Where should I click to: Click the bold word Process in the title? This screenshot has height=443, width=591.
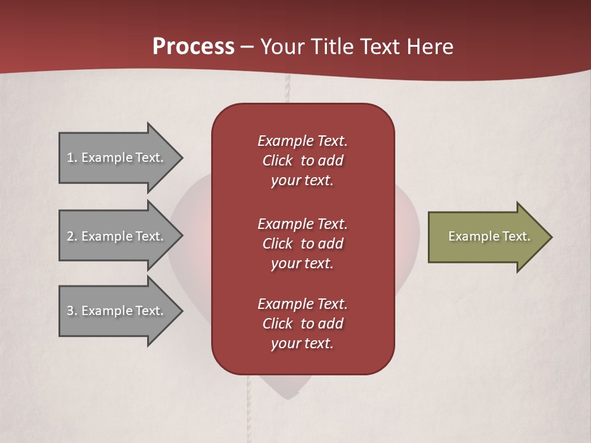[x=193, y=46]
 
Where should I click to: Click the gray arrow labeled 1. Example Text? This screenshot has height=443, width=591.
[x=117, y=158]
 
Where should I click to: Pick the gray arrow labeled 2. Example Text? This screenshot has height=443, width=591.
[x=117, y=236]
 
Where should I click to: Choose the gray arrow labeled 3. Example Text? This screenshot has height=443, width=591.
[x=117, y=311]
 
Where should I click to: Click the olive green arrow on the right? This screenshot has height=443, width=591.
[x=486, y=237]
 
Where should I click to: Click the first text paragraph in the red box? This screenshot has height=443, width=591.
[x=303, y=161]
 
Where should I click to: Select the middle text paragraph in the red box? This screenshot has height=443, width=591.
[x=303, y=244]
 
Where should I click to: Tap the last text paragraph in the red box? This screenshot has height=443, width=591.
[x=303, y=324]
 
